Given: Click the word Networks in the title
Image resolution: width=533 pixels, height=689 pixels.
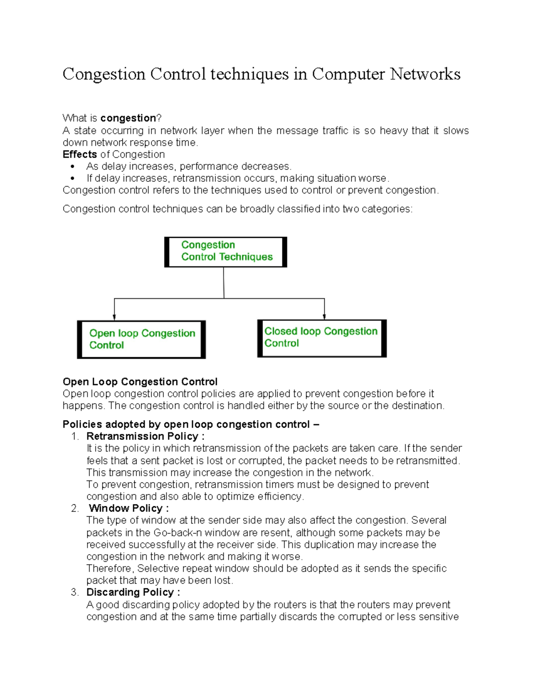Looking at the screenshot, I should click(425, 74).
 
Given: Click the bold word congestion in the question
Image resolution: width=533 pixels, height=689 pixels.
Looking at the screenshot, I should click(128, 118).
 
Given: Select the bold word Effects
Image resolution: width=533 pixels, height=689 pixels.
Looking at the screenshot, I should click(80, 154).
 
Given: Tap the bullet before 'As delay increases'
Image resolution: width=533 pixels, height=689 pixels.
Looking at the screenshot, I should click(73, 167).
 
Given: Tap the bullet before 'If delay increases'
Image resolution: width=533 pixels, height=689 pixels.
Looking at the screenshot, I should click(73, 179).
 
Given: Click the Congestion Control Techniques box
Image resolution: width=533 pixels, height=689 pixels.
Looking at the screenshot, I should click(226, 252).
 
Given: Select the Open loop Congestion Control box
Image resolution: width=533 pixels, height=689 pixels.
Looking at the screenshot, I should click(141, 339).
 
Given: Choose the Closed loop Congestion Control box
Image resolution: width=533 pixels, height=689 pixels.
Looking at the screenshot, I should click(322, 338).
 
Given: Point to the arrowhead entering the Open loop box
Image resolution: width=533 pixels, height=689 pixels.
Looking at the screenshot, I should click(115, 317).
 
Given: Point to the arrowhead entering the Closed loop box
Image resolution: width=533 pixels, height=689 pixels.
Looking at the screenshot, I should click(325, 316).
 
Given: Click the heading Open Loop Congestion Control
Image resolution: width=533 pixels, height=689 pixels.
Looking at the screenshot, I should click(140, 382).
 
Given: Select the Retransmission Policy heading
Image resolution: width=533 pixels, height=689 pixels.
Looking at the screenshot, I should click(145, 436).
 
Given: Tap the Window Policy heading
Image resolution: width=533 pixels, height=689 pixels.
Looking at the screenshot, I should click(129, 508).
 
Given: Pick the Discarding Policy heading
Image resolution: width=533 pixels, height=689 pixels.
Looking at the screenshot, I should click(133, 592).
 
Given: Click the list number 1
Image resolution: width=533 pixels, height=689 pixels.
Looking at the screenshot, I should click(75, 437).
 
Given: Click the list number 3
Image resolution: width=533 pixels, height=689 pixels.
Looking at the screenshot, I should click(75, 593).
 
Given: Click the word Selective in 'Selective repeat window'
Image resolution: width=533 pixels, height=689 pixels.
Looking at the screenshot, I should click(156, 569).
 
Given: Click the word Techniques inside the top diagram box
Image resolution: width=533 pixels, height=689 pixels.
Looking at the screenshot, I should click(246, 257).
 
